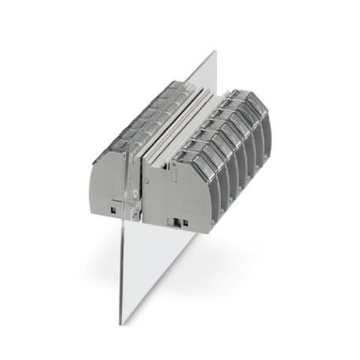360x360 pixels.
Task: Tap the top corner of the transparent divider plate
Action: pyautogui.click(x=215, y=52)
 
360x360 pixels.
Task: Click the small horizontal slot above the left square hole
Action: pyautogui.click(x=116, y=202)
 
